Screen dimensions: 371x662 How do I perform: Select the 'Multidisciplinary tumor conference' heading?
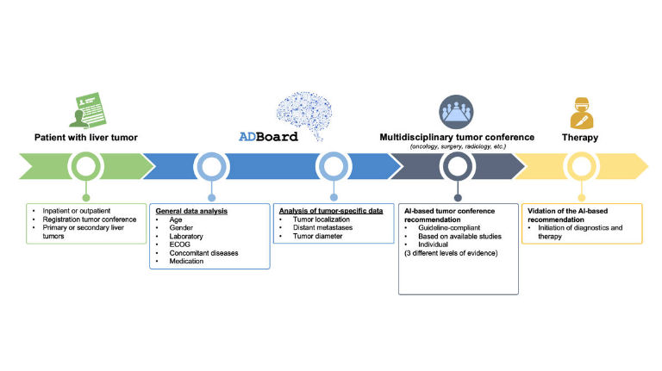point(457,137)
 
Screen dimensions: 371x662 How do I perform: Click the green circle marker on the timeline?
point(84,165)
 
